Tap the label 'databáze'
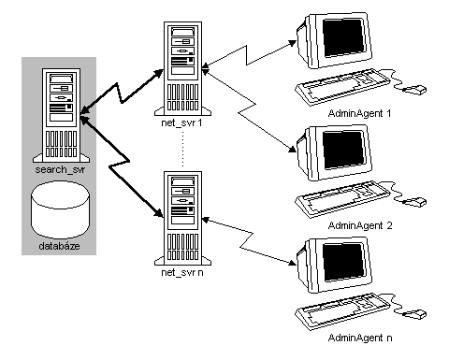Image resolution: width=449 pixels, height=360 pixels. point(61,245)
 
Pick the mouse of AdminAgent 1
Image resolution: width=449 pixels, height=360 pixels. point(413,90)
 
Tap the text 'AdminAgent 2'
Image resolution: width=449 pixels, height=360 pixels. point(360,225)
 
